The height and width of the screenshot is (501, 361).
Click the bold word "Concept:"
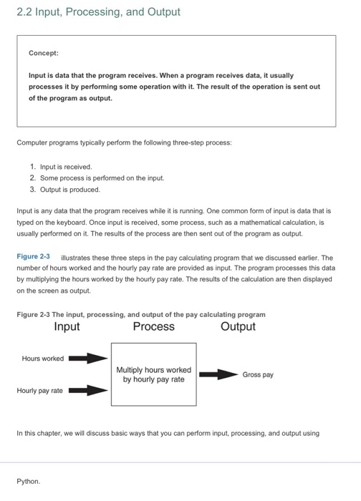pos(44,53)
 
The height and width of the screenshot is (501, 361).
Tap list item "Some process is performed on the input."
pos(97,177)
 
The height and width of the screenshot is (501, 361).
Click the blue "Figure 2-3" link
pos(33,256)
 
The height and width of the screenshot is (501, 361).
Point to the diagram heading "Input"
pos(67,327)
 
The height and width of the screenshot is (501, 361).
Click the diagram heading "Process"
pos(153,327)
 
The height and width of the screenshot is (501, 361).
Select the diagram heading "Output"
pos(238,327)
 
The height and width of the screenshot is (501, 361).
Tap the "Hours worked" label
pos(43,359)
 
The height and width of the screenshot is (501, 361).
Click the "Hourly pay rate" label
pos(40,391)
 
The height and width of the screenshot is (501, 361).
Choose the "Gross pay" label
pos(258,374)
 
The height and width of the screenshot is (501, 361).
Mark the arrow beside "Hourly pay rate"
pos(87,391)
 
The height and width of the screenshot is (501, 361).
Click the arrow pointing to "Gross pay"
pos(218,374)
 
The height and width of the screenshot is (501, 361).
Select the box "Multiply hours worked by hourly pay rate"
pos(153,374)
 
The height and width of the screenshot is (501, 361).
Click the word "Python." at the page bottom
pos(29,482)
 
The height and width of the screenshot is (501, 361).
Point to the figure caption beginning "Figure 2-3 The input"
pos(140,314)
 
